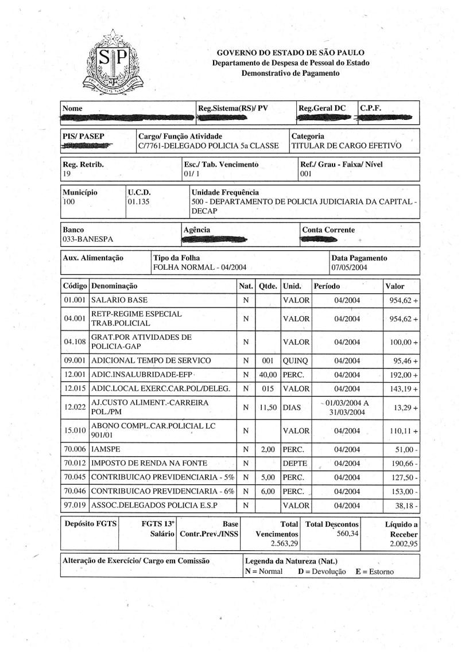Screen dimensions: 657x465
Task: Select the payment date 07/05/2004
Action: click(x=348, y=268)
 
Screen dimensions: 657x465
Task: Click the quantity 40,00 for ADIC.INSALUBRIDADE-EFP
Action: click(x=268, y=375)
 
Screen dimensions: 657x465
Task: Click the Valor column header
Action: click(x=394, y=286)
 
